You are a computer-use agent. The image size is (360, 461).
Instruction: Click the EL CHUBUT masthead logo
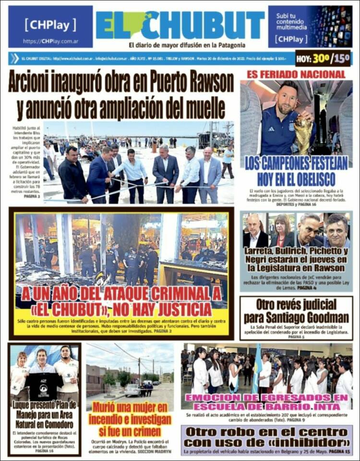point(180,25)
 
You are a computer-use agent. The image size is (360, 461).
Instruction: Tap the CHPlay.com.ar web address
point(50,41)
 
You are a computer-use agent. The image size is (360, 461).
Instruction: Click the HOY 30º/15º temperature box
point(323,59)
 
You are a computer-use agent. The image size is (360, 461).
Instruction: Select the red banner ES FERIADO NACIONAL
point(296,74)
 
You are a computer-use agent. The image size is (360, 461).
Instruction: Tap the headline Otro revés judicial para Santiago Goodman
point(296,311)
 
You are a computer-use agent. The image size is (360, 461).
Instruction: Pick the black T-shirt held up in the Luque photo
point(44,384)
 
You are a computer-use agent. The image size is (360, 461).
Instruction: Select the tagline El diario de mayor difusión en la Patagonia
point(180,45)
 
